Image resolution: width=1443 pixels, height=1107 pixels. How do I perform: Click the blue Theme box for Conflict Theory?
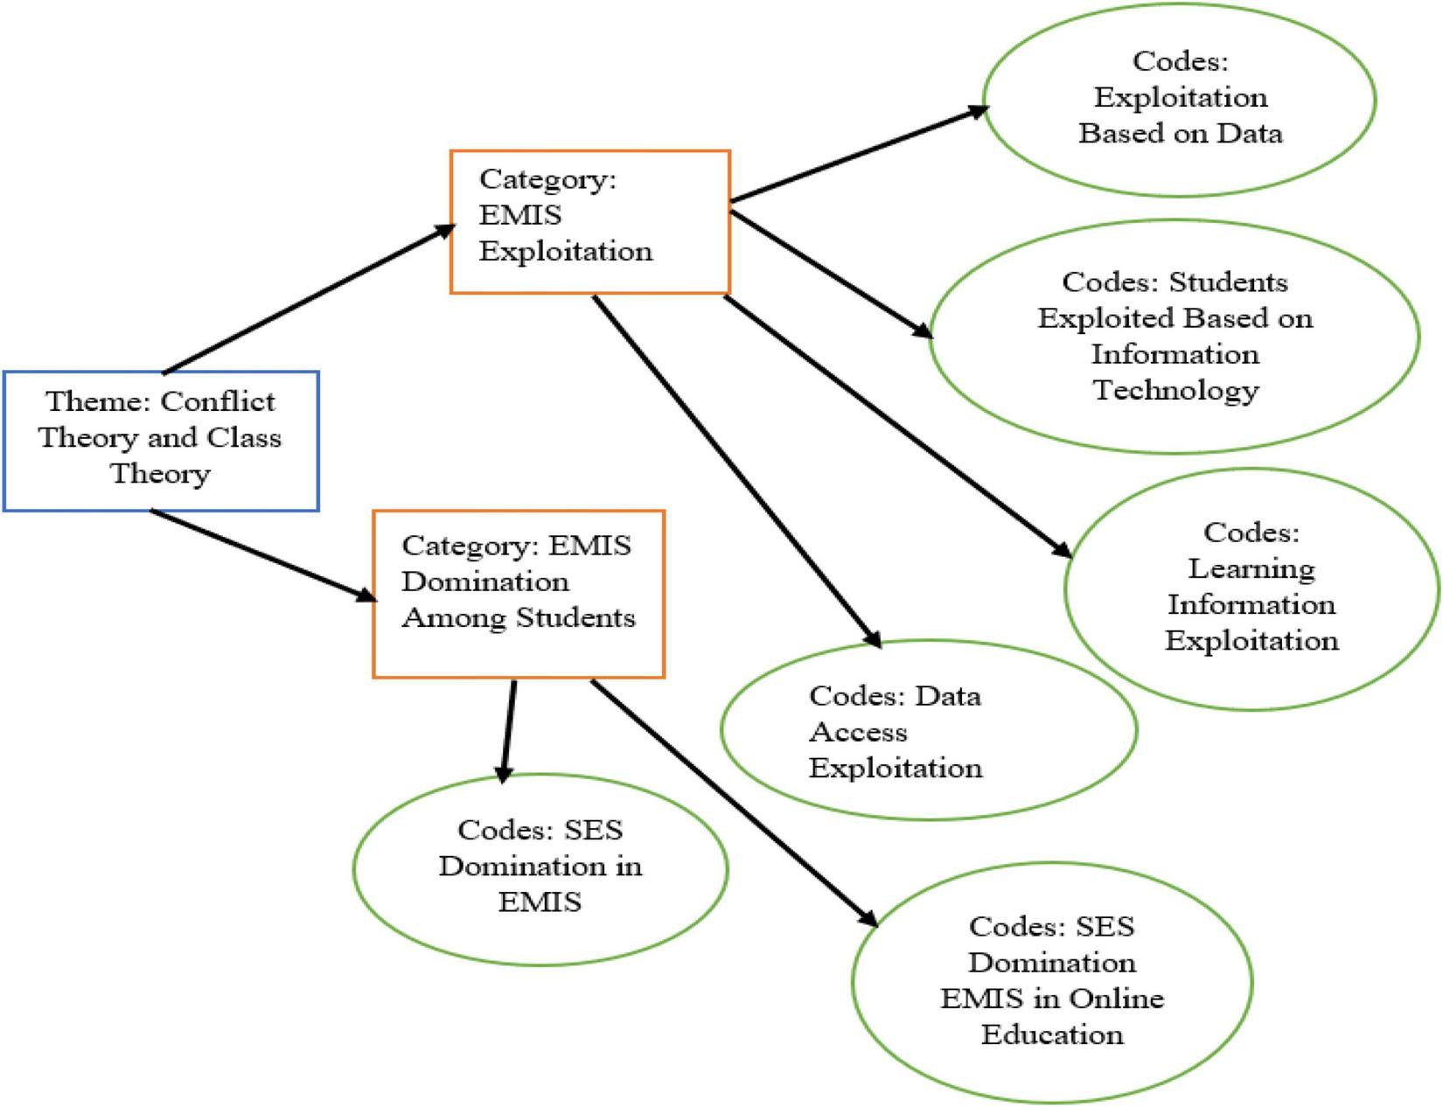pyautogui.click(x=161, y=441)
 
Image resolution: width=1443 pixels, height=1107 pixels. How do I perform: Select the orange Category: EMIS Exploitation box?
pyautogui.click(x=589, y=221)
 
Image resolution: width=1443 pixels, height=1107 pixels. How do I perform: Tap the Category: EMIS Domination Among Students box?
pyautogui.click(x=519, y=594)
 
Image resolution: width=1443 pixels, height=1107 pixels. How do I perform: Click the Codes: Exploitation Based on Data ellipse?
pyautogui.click(x=1179, y=99)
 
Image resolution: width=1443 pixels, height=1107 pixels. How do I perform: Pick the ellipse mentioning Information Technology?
pyautogui.click(x=1174, y=336)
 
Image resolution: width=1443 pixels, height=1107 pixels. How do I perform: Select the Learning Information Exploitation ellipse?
pyautogui.click(x=1251, y=588)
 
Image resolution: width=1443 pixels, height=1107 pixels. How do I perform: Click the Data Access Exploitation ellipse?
pyautogui.click(x=928, y=730)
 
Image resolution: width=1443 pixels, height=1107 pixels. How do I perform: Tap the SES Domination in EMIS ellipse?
pyautogui.click(x=540, y=868)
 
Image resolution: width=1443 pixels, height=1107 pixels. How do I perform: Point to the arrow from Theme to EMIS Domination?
pyautogui.click(x=262, y=555)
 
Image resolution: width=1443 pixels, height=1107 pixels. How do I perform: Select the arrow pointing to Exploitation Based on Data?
pyautogui.click(x=857, y=155)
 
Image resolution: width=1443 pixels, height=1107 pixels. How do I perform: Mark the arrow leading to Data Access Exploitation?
pyautogui.click(x=735, y=470)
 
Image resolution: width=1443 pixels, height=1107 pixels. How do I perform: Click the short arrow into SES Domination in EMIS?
pyautogui.click(x=508, y=728)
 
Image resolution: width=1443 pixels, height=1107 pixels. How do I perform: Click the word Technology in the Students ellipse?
pyautogui.click(x=1175, y=389)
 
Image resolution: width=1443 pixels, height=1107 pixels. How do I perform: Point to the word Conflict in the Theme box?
pyautogui.click(x=218, y=401)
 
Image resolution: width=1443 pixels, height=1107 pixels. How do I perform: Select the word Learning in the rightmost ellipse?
pyautogui.click(x=1251, y=568)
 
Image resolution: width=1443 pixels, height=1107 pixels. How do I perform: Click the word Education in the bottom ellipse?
pyautogui.click(x=1051, y=1034)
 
